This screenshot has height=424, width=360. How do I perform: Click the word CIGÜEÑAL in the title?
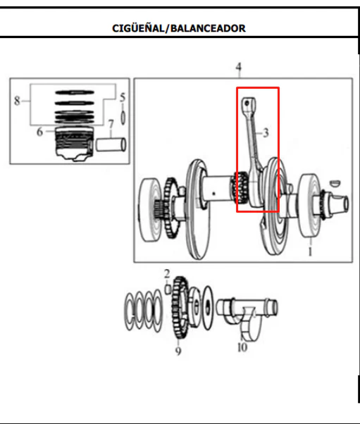tap(138, 28)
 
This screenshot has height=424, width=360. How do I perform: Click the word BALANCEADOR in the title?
tap(209, 28)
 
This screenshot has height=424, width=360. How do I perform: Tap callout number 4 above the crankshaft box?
tap(238, 67)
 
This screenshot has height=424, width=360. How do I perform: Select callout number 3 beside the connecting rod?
tap(266, 133)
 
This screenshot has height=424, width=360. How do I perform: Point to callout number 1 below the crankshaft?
tap(310, 251)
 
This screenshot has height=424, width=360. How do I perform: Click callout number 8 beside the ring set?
tap(17, 101)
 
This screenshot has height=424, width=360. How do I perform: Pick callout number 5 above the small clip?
tap(123, 97)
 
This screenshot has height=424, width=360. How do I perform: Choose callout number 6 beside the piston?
tap(39, 132)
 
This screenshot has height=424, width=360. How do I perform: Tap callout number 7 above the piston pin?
tap(111, 124)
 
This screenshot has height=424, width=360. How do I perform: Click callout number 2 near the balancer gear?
tap(167, 274)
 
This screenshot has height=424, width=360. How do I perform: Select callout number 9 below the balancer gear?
tap(178, 351)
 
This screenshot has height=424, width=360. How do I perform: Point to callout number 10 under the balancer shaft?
tap(242, 347)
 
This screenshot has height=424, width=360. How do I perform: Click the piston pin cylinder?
tap(111, 144)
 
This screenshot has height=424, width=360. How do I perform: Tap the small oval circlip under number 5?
tap(123, 118)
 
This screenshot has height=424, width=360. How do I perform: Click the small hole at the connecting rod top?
tap(247, 103)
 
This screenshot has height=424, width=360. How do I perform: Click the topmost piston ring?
tap(75, 92)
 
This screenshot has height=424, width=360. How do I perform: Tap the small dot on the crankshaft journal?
tap(213, 194)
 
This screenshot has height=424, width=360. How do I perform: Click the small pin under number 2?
tap(168, 289)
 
